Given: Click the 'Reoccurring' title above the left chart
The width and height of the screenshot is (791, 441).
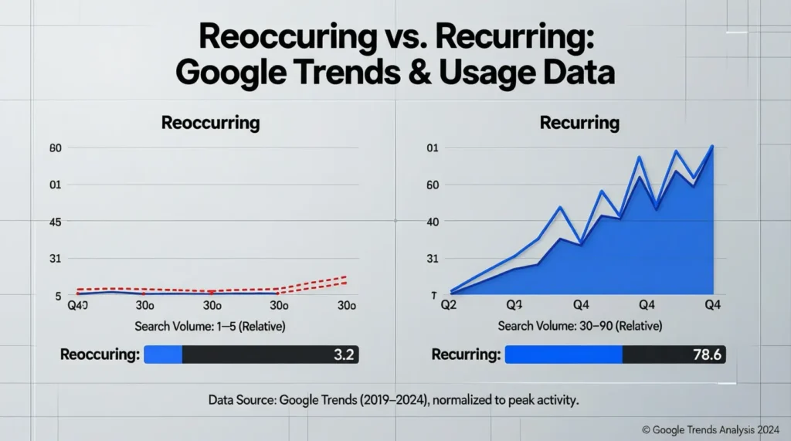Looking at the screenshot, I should (209, 122).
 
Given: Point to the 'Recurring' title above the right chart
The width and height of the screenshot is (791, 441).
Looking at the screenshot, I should (579, 122).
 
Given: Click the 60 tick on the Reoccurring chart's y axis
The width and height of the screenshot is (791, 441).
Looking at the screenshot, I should (55, 148).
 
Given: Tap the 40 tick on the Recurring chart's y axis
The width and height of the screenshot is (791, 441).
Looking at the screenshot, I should (433, 222).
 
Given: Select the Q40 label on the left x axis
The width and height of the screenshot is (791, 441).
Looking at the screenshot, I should (77, 306).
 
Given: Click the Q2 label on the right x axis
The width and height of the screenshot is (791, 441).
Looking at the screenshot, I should (449, 306).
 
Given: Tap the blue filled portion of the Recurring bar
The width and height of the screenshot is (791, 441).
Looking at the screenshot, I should (563, 354).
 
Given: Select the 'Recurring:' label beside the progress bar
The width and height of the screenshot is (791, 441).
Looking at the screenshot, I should (466, 354).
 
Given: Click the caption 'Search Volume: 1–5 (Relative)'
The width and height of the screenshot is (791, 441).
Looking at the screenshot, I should (209, 327).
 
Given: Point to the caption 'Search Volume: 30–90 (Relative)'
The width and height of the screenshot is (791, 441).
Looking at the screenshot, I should (579, 327).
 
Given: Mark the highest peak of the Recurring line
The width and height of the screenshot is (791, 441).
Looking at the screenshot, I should (711, 146).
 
